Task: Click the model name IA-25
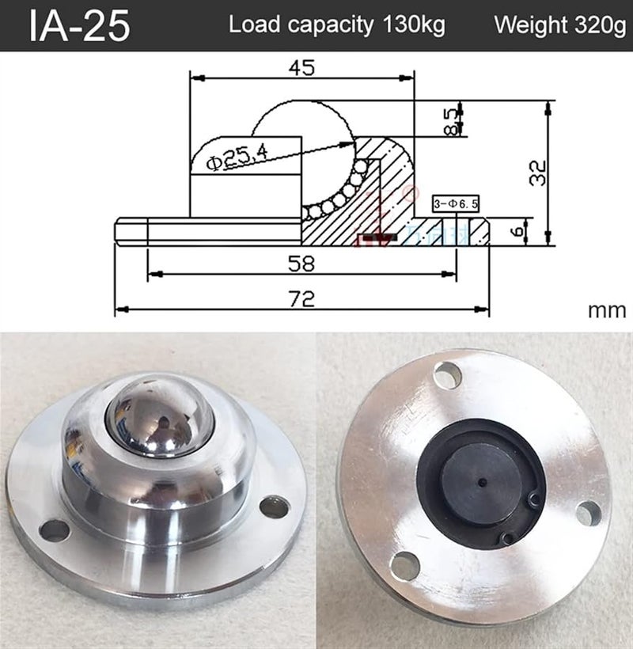[79, 26]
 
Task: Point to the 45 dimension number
[301, 67]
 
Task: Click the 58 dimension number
[301, 262]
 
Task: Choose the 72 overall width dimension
[301, 298]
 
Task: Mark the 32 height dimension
[537, 172]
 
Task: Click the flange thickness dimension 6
[517, 232]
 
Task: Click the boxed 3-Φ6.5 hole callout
[457, 204]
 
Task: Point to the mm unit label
[606, 310]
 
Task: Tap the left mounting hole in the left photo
[55, 530]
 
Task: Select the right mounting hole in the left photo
[274, 507]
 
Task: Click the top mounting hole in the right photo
[447, 374]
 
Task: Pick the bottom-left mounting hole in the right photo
[404, 565]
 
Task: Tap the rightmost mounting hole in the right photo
[588, 513]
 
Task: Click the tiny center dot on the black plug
[482, 480]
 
